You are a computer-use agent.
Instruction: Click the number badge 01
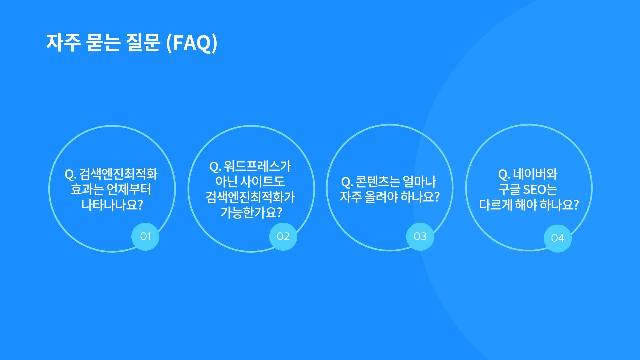click(x=145, y=236)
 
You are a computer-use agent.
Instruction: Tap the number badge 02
click(x=283, y=236)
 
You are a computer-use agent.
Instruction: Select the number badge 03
click(x=420, y=236)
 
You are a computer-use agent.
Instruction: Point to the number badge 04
click(x=558, y=238)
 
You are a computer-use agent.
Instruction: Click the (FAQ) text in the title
click(x=192, y=43)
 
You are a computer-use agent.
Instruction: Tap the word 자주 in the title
click(x=63, y=43)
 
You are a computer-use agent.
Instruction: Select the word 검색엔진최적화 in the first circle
click(x=118, y=174)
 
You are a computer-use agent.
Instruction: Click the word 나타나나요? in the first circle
click(x=112, y=205)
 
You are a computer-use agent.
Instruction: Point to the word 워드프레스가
click(x=258, y=166)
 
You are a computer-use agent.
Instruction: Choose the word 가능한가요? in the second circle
click(x=251, y=212)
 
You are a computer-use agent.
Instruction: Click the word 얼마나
click(x=419, y=182)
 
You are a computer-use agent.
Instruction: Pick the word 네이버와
click(x=535, y=174)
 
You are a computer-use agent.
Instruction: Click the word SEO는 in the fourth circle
click(x=540, y=189)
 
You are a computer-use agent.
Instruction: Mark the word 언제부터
click(x=129, y=189)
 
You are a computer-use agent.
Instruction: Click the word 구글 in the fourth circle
click(x=509, y=189)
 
